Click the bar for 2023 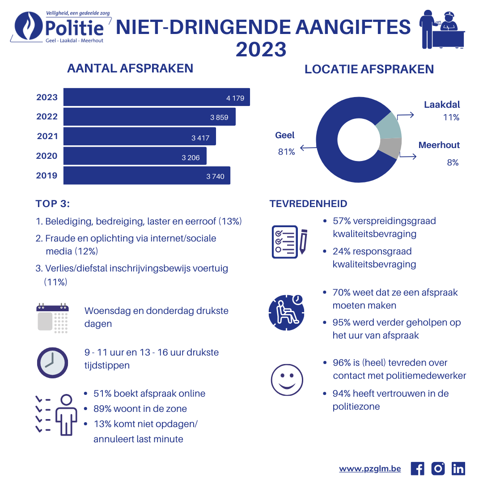click(x=157, y=97)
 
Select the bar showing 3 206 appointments click(x=135, y=156)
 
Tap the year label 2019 click(x=47, y=176)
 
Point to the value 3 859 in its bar click(x=219, y=117)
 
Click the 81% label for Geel click(x=287, y=152)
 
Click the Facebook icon click(x=417, y=469)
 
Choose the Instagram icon click(x=438, y=469)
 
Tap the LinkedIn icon click(x=458, y=469)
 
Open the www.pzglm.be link click(x=370, y=469)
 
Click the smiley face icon click(x=287, y=380)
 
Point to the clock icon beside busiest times click(x=52, y=363)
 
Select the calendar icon click(x=52, y=318)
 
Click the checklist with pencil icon click(x=289, y=242)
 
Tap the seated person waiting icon click(x=287, y=313)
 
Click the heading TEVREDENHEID click(x=308, y=203)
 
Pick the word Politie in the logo click(x=75, y=28)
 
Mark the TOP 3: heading click(x=53, y=203)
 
